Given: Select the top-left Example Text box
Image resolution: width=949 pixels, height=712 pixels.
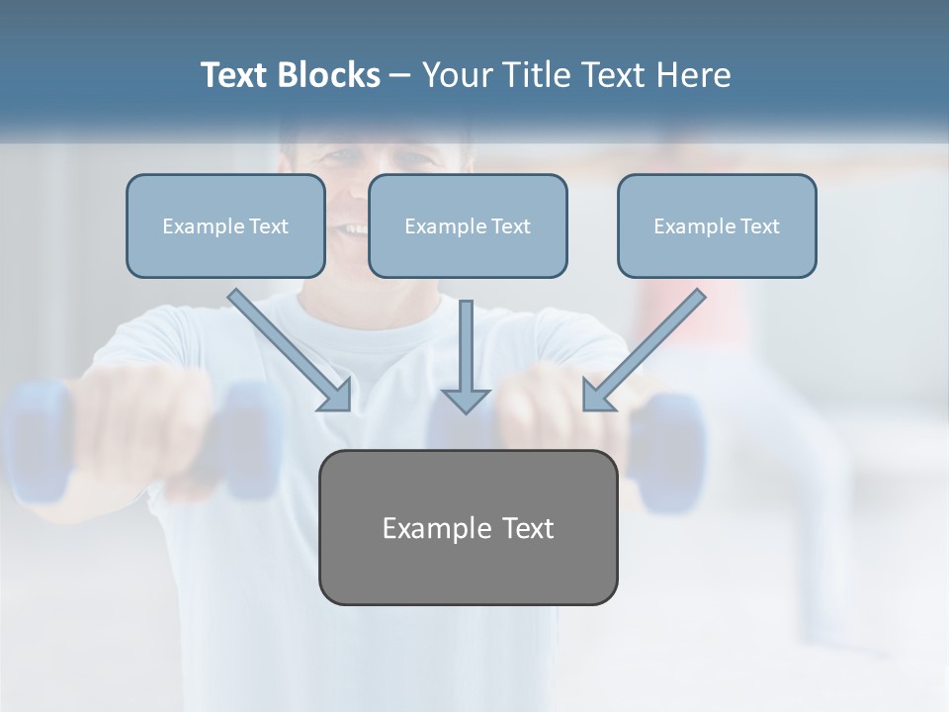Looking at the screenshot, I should point(225,225).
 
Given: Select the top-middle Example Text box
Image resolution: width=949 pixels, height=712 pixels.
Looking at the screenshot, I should point(468,225).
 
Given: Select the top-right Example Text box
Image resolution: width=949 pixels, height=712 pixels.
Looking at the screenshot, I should point(717,225).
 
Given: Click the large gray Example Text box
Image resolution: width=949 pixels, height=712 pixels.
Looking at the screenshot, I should point(468,527).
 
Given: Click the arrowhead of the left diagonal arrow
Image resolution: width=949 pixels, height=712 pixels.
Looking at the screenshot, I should point(337,397).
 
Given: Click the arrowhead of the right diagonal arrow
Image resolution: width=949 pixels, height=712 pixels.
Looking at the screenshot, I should point(597,397).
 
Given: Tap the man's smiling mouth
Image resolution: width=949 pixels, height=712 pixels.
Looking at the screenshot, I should point(351,229).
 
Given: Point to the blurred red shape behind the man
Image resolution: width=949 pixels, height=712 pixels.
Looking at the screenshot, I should point(682,307).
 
